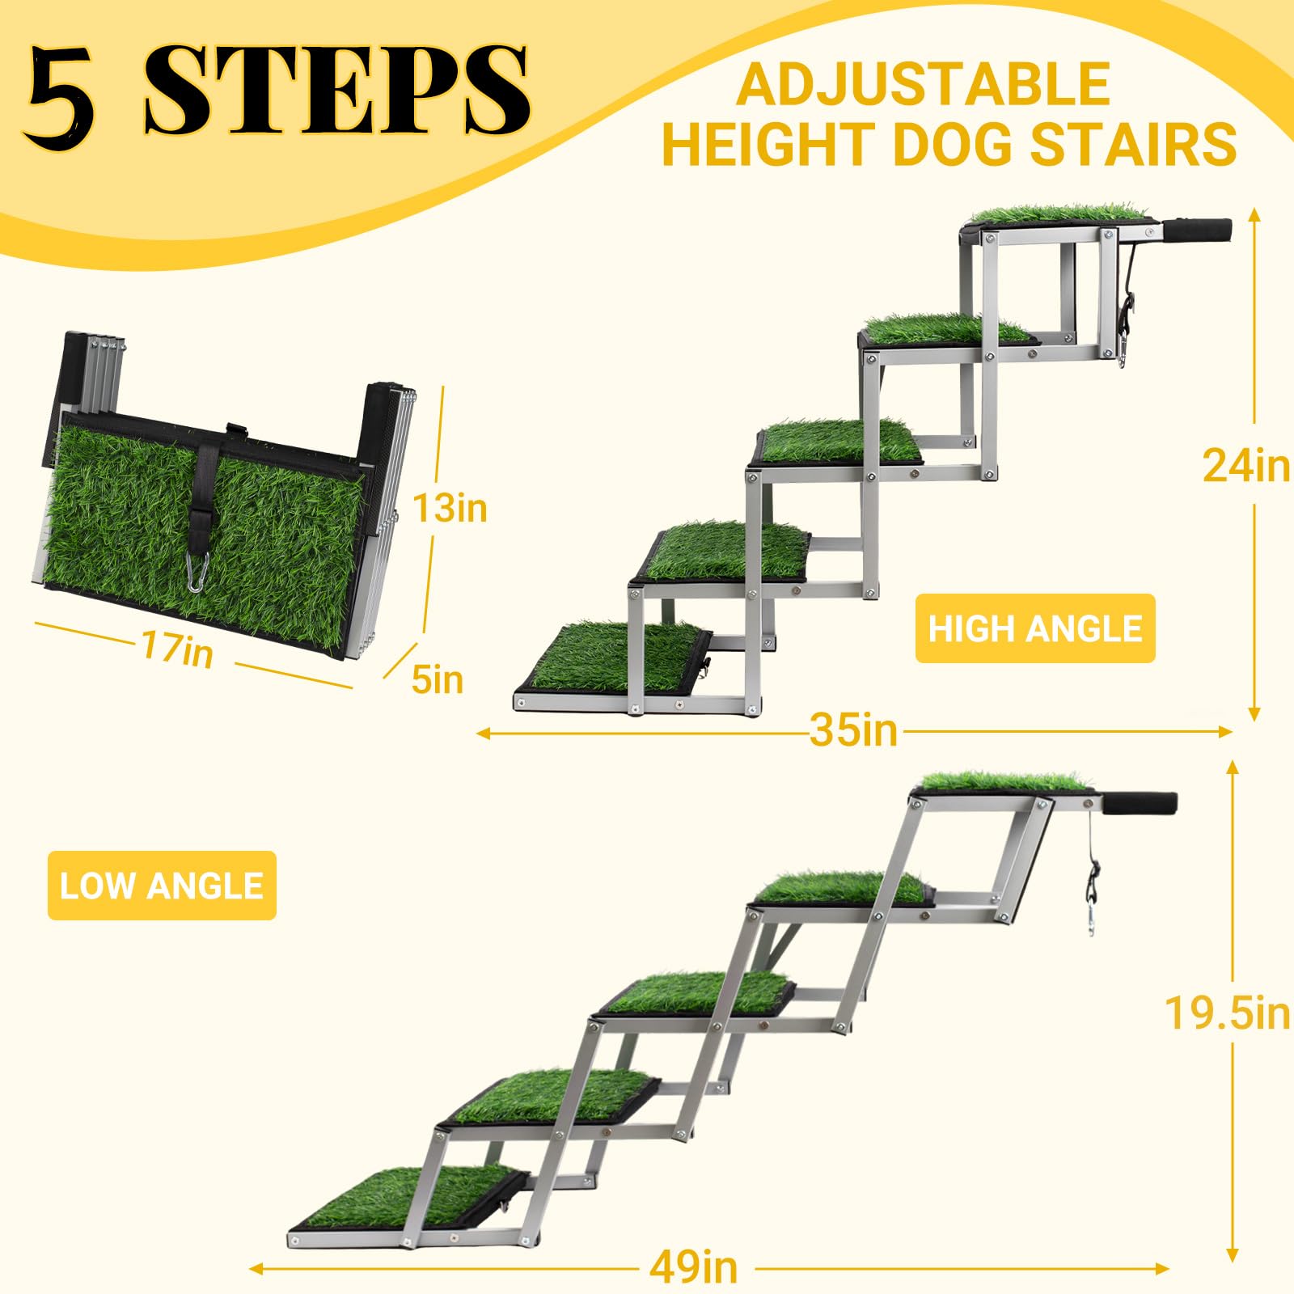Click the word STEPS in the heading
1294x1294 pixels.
[336, 91]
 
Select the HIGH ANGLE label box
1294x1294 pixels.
[1034, 629]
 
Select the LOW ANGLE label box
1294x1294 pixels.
[162, 886]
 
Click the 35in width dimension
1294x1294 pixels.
[854, 731]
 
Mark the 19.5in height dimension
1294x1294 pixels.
[1226, 1013]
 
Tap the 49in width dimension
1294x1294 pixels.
[693, 1267]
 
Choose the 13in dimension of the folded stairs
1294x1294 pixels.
[450, 509]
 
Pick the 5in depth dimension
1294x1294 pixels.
[437, 679]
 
